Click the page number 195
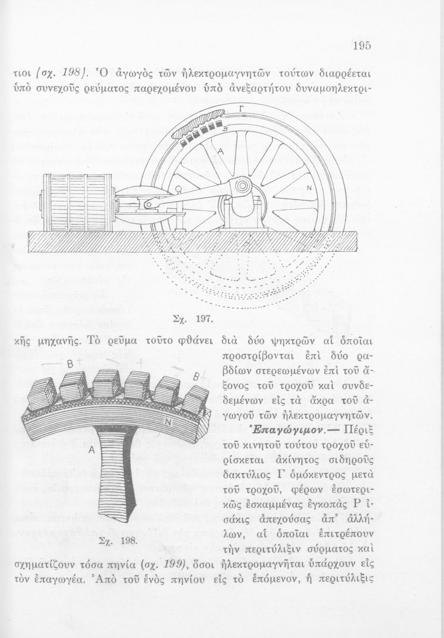(362, 46)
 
